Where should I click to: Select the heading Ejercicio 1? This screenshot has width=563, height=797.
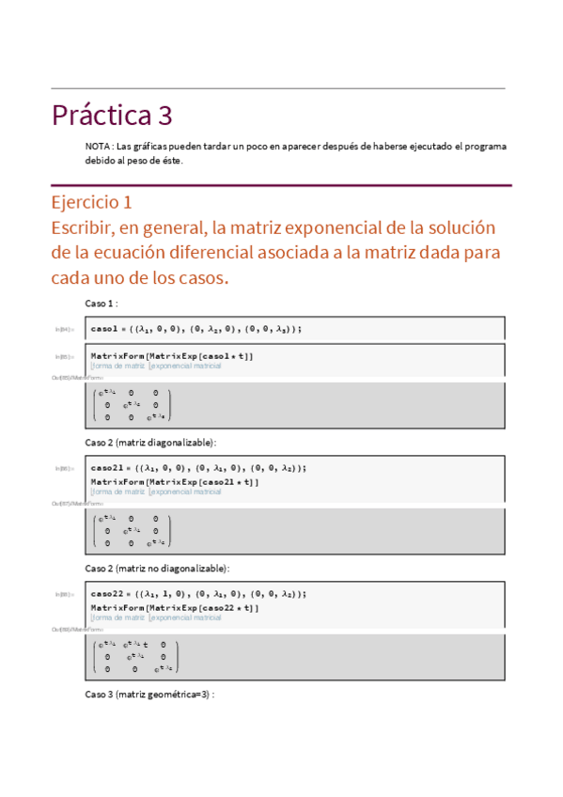coord(91,202)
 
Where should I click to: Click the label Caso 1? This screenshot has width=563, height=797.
coord(101,304)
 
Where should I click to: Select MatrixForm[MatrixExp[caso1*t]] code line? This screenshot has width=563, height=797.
coord(172,356)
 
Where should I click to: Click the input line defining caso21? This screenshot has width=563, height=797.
coord(198,467)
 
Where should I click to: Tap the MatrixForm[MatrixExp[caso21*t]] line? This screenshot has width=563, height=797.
coord(175,481)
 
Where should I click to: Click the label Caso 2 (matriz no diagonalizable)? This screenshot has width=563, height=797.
coord(157,569)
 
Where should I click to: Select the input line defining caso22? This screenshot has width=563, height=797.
coord(198,594)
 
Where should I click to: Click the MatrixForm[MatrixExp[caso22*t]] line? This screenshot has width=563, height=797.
coord(175,608)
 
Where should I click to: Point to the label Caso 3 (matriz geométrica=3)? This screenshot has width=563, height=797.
coord(149,695)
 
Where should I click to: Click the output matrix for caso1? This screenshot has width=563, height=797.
coord(132,405)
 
